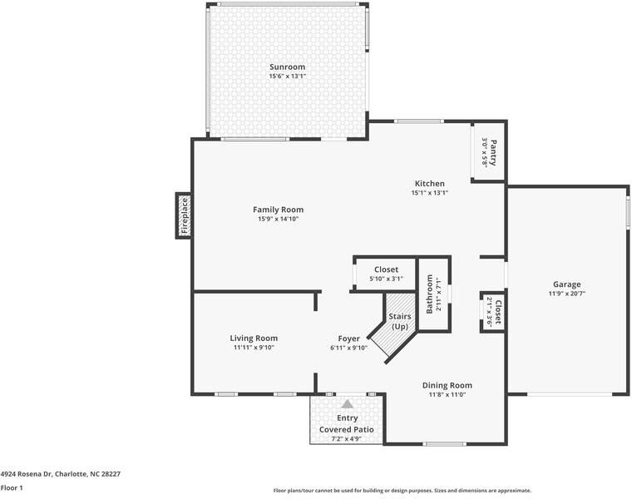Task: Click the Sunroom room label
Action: (287, 67)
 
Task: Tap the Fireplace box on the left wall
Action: (184, 215)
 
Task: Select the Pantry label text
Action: (493, 152)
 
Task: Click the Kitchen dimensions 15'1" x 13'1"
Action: (430, 193)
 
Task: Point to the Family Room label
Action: (278, 210)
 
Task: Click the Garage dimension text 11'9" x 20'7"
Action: (566, 294)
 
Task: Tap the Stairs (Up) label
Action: (400, 321)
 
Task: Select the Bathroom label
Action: (430, 294)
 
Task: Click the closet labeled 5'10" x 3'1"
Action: (386, 274)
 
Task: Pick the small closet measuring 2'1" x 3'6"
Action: (493, 313)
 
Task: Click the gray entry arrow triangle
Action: (347, 404)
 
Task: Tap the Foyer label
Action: (348, 339)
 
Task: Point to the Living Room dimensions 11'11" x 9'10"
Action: (254, 348)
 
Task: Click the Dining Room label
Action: (447, 385)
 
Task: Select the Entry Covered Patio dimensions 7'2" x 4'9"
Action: (346, 439)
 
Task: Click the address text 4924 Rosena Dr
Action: (27, 474)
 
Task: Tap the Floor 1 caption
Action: (12, 487)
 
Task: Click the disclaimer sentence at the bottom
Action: (402, 491)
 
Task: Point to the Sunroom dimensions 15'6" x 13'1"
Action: (288, 77)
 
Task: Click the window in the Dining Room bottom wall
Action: (444, 444)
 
